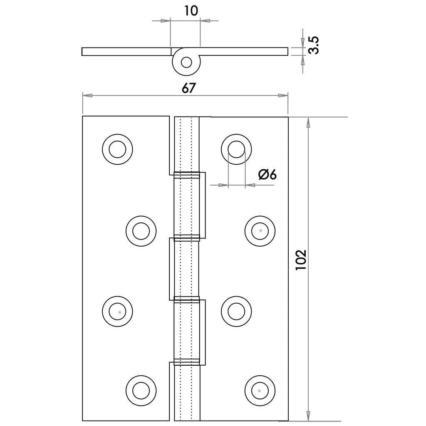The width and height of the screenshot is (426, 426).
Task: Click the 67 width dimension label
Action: click(186, 88)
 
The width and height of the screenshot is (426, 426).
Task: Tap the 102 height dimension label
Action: click(301, 260)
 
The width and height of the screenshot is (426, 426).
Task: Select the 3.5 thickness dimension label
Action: click(314, 45)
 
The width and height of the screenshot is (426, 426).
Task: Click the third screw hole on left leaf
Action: click(118, 310)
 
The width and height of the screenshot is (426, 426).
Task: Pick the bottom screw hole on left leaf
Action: click(141, 391)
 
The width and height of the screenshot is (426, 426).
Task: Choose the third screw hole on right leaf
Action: click(236, 310)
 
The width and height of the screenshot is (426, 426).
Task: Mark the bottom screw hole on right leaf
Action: click(260, 391)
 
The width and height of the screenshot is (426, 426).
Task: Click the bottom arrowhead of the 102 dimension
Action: click(308, 418)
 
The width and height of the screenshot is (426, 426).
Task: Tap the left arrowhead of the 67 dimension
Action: click(87, 96)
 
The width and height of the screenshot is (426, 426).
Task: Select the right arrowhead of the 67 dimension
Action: click(283, 96)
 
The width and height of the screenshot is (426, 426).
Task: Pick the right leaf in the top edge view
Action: click(245, 51)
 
